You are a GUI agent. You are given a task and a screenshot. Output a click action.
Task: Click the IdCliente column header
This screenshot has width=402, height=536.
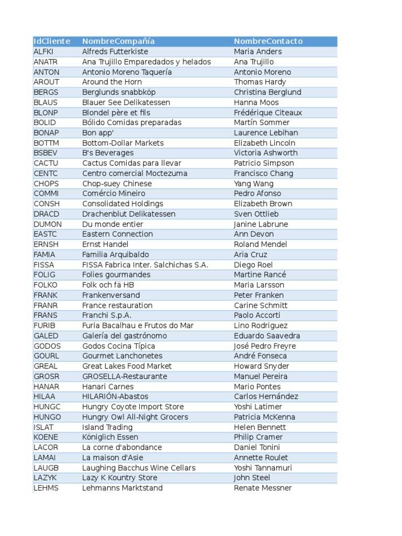coord(52,41)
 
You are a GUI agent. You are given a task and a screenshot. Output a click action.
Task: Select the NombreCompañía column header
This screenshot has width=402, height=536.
coord(118,41)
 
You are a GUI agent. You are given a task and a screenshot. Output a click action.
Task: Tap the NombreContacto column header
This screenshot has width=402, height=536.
coord(268,41)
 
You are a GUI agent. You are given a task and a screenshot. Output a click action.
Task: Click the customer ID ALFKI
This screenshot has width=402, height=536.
coord(43,52)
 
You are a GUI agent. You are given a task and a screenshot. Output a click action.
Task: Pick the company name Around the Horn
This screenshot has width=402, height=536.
coord(111,82)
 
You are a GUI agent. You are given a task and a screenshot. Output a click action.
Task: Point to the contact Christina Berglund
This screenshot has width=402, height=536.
coord(267,92)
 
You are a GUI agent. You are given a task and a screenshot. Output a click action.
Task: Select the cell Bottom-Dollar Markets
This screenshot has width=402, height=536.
coord(123,143)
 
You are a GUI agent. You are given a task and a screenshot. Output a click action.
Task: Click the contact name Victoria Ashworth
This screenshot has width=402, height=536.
coord(265,153)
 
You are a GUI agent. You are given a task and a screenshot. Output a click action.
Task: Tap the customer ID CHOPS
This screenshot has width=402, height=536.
coord(46,184)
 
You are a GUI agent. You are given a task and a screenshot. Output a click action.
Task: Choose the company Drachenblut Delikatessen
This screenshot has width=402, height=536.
coord(129,214)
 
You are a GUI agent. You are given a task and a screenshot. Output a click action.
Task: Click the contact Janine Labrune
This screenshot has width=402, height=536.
coord(261,224)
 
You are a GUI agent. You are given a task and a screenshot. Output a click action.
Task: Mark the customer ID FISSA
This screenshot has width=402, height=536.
coord(43,265)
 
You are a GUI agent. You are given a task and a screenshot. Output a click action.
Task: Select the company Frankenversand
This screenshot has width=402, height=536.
coord(111,295)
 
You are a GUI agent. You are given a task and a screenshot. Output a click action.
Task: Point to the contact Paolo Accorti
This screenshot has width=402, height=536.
coord(257,316)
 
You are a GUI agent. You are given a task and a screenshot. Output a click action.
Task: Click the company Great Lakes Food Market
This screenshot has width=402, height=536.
coord(127,366)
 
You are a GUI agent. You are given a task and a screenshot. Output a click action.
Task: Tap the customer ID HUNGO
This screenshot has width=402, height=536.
coord(47,417)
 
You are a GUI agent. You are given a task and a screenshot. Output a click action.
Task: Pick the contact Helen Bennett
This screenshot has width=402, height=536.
coord(260,427)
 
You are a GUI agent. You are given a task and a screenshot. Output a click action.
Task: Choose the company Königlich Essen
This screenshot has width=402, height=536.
coord(110,437)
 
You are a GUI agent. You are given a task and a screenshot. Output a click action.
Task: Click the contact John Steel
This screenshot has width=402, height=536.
coord(252,478)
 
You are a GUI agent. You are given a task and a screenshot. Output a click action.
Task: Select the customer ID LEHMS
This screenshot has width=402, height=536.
coord(46,488)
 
